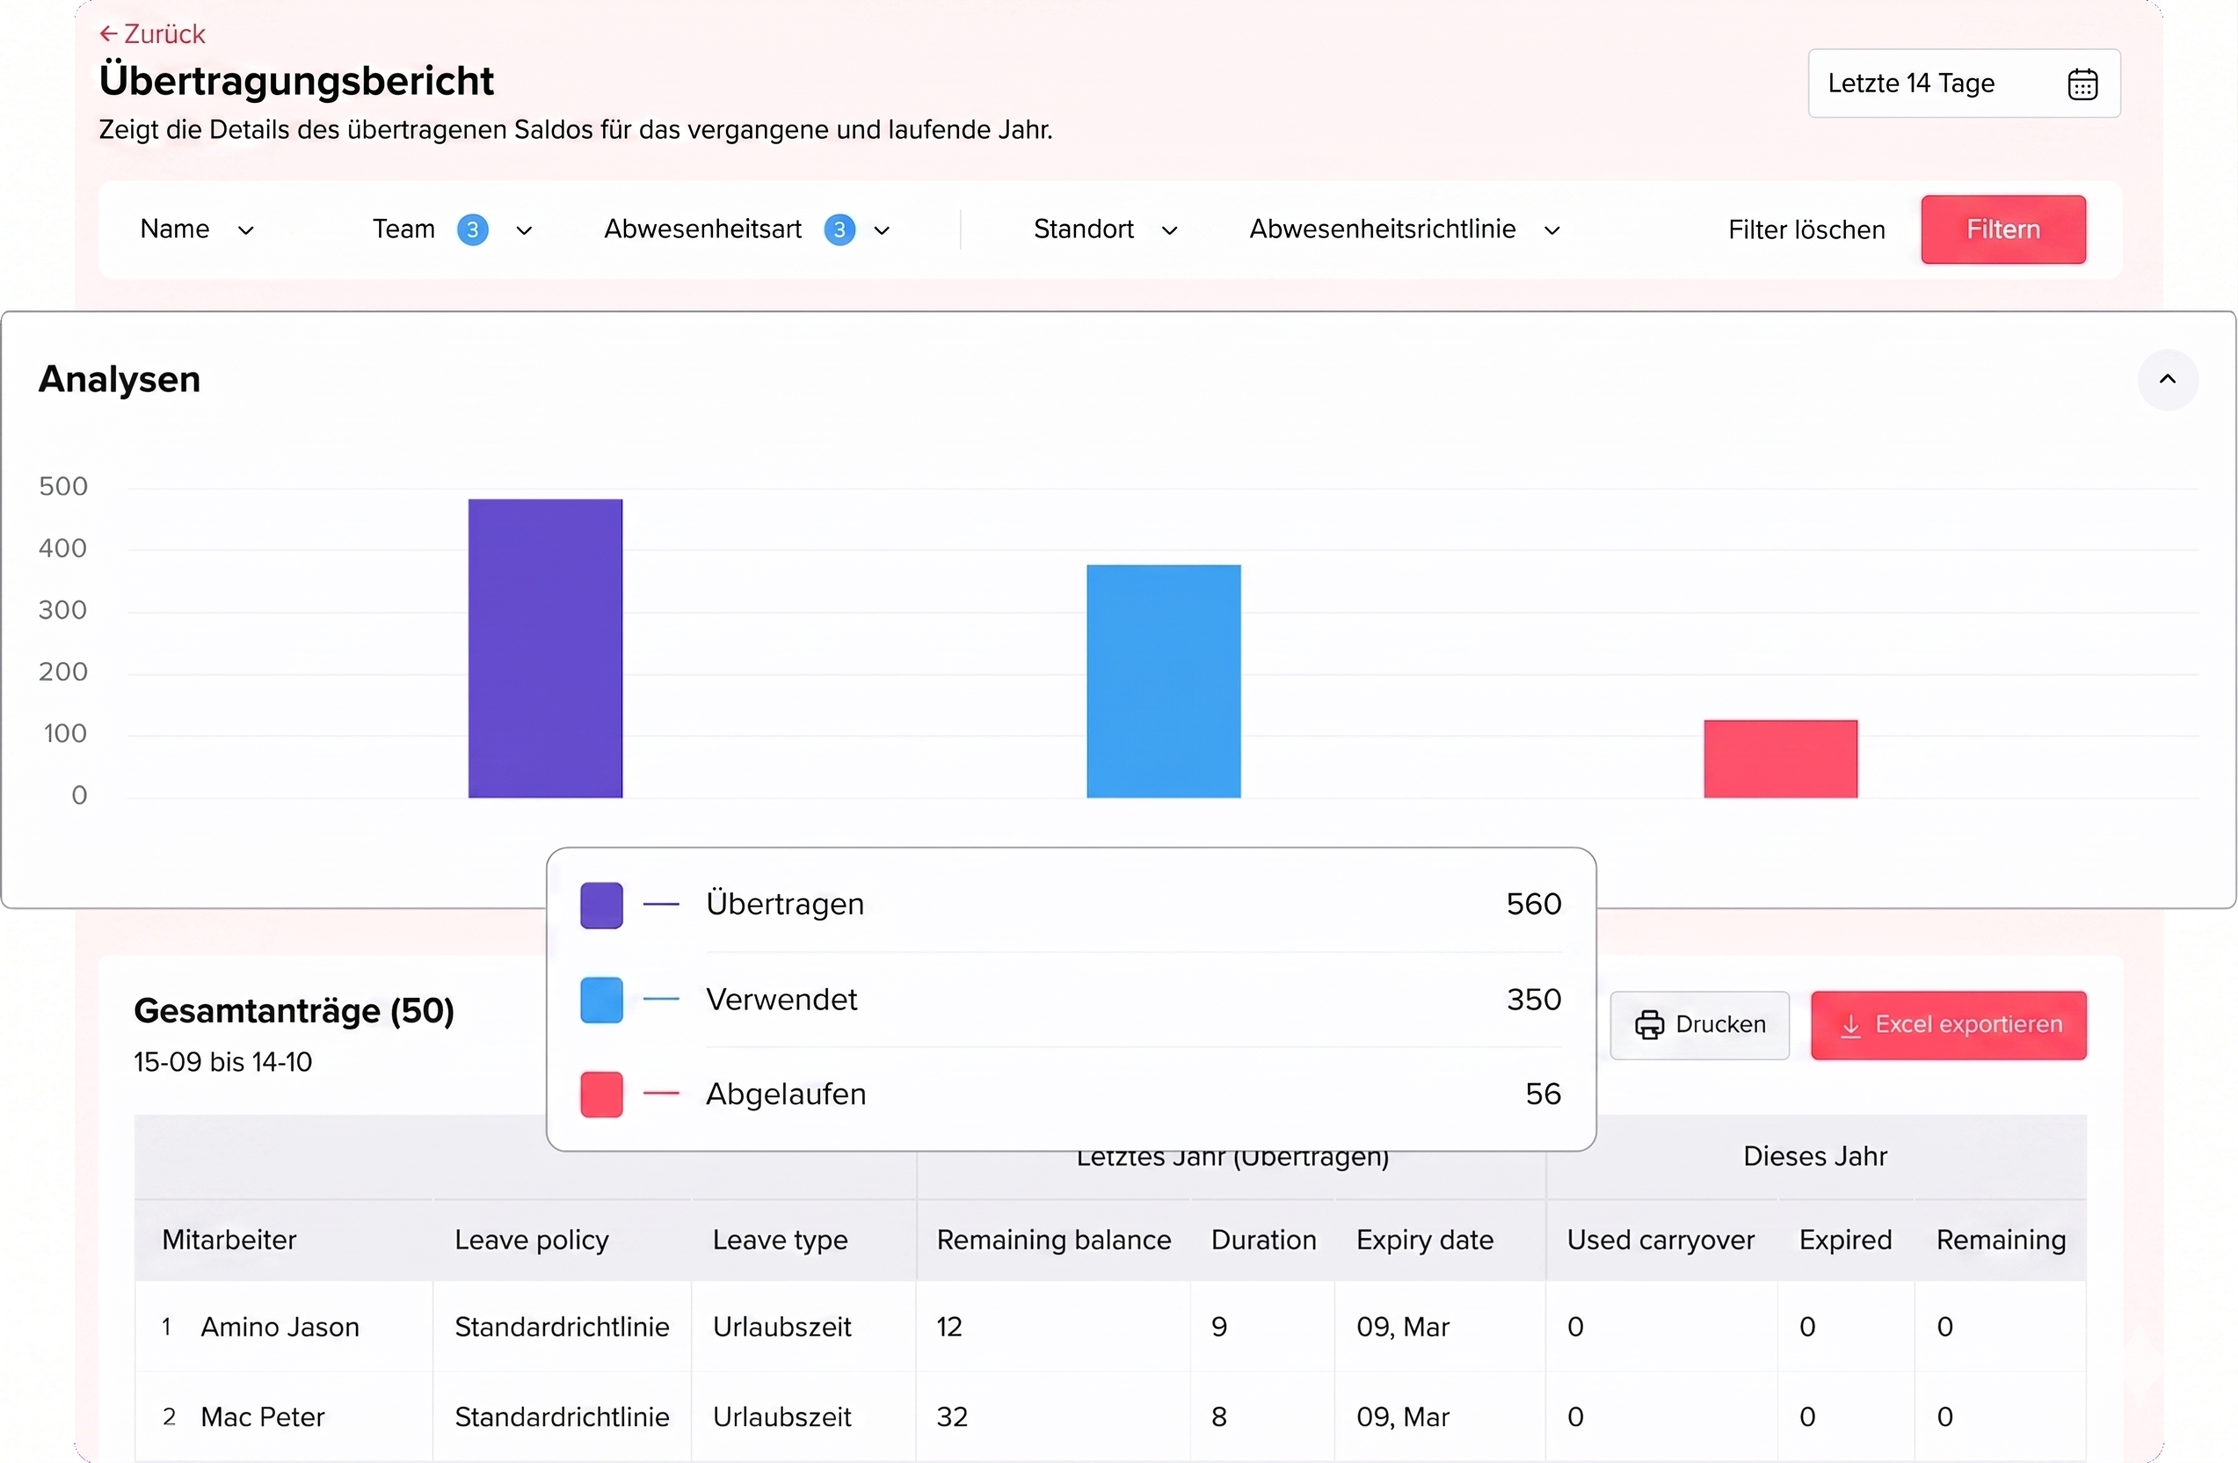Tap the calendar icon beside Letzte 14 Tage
(x=2082, y=84)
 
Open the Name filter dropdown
(x=197, y=229)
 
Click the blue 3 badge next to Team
(x=472, y=229)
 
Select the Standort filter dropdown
(x=1105, y=229)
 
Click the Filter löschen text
(x=1806, y=229)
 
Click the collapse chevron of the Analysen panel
(x=2167, y=379)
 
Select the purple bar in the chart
(x=545, y=648)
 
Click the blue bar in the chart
(x=1163, y=681)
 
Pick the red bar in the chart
(x=1780, y=759)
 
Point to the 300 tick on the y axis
(x=63, y=610)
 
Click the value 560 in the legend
(x=1533, y=904)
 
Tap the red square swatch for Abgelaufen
(x=601, y=1094)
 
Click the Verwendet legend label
(x=781, y=999)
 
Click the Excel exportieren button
(x=1949, y=1025)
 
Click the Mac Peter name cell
(x=262, y=1416)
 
